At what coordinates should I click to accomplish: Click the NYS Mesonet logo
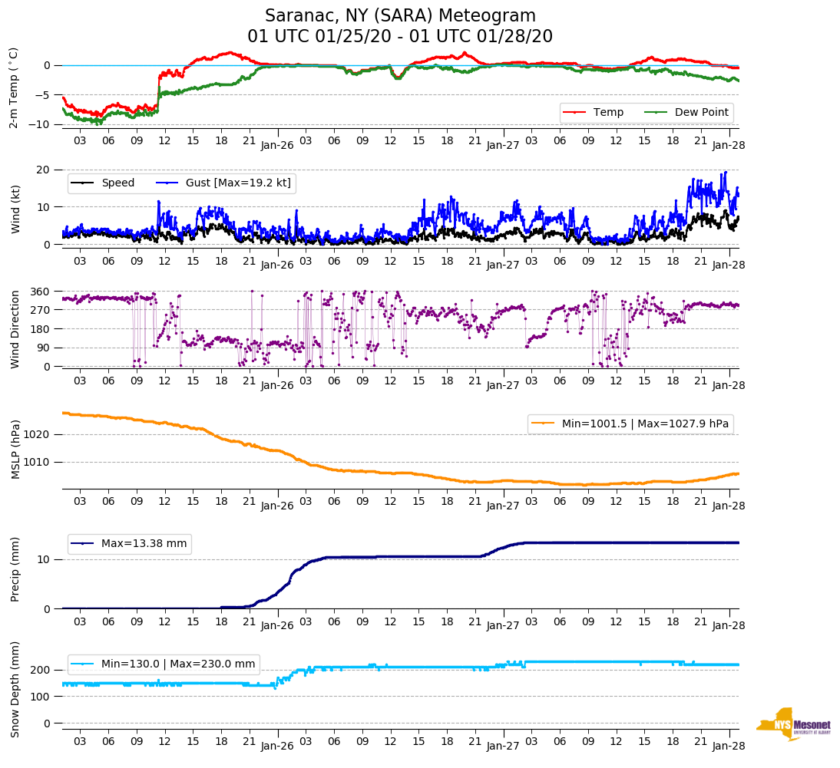click(793, 724)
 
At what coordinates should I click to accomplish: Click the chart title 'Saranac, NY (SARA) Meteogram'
click(400, 16)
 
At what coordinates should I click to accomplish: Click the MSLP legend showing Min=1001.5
click(630, 424)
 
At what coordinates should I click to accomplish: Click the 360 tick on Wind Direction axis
click(40, 292)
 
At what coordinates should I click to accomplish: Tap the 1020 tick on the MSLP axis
click(40, 434)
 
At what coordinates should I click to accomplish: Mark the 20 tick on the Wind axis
click(45, 170)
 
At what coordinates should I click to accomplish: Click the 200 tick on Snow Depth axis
click(42, 671)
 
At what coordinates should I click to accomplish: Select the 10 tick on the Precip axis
click(45, 559)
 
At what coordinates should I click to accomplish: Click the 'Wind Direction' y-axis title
click(15, 329)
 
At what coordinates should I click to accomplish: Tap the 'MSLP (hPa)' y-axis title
click(15, 449)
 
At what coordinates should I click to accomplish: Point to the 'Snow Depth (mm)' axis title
click(15, 689)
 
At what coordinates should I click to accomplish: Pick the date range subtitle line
click(400, 37)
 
